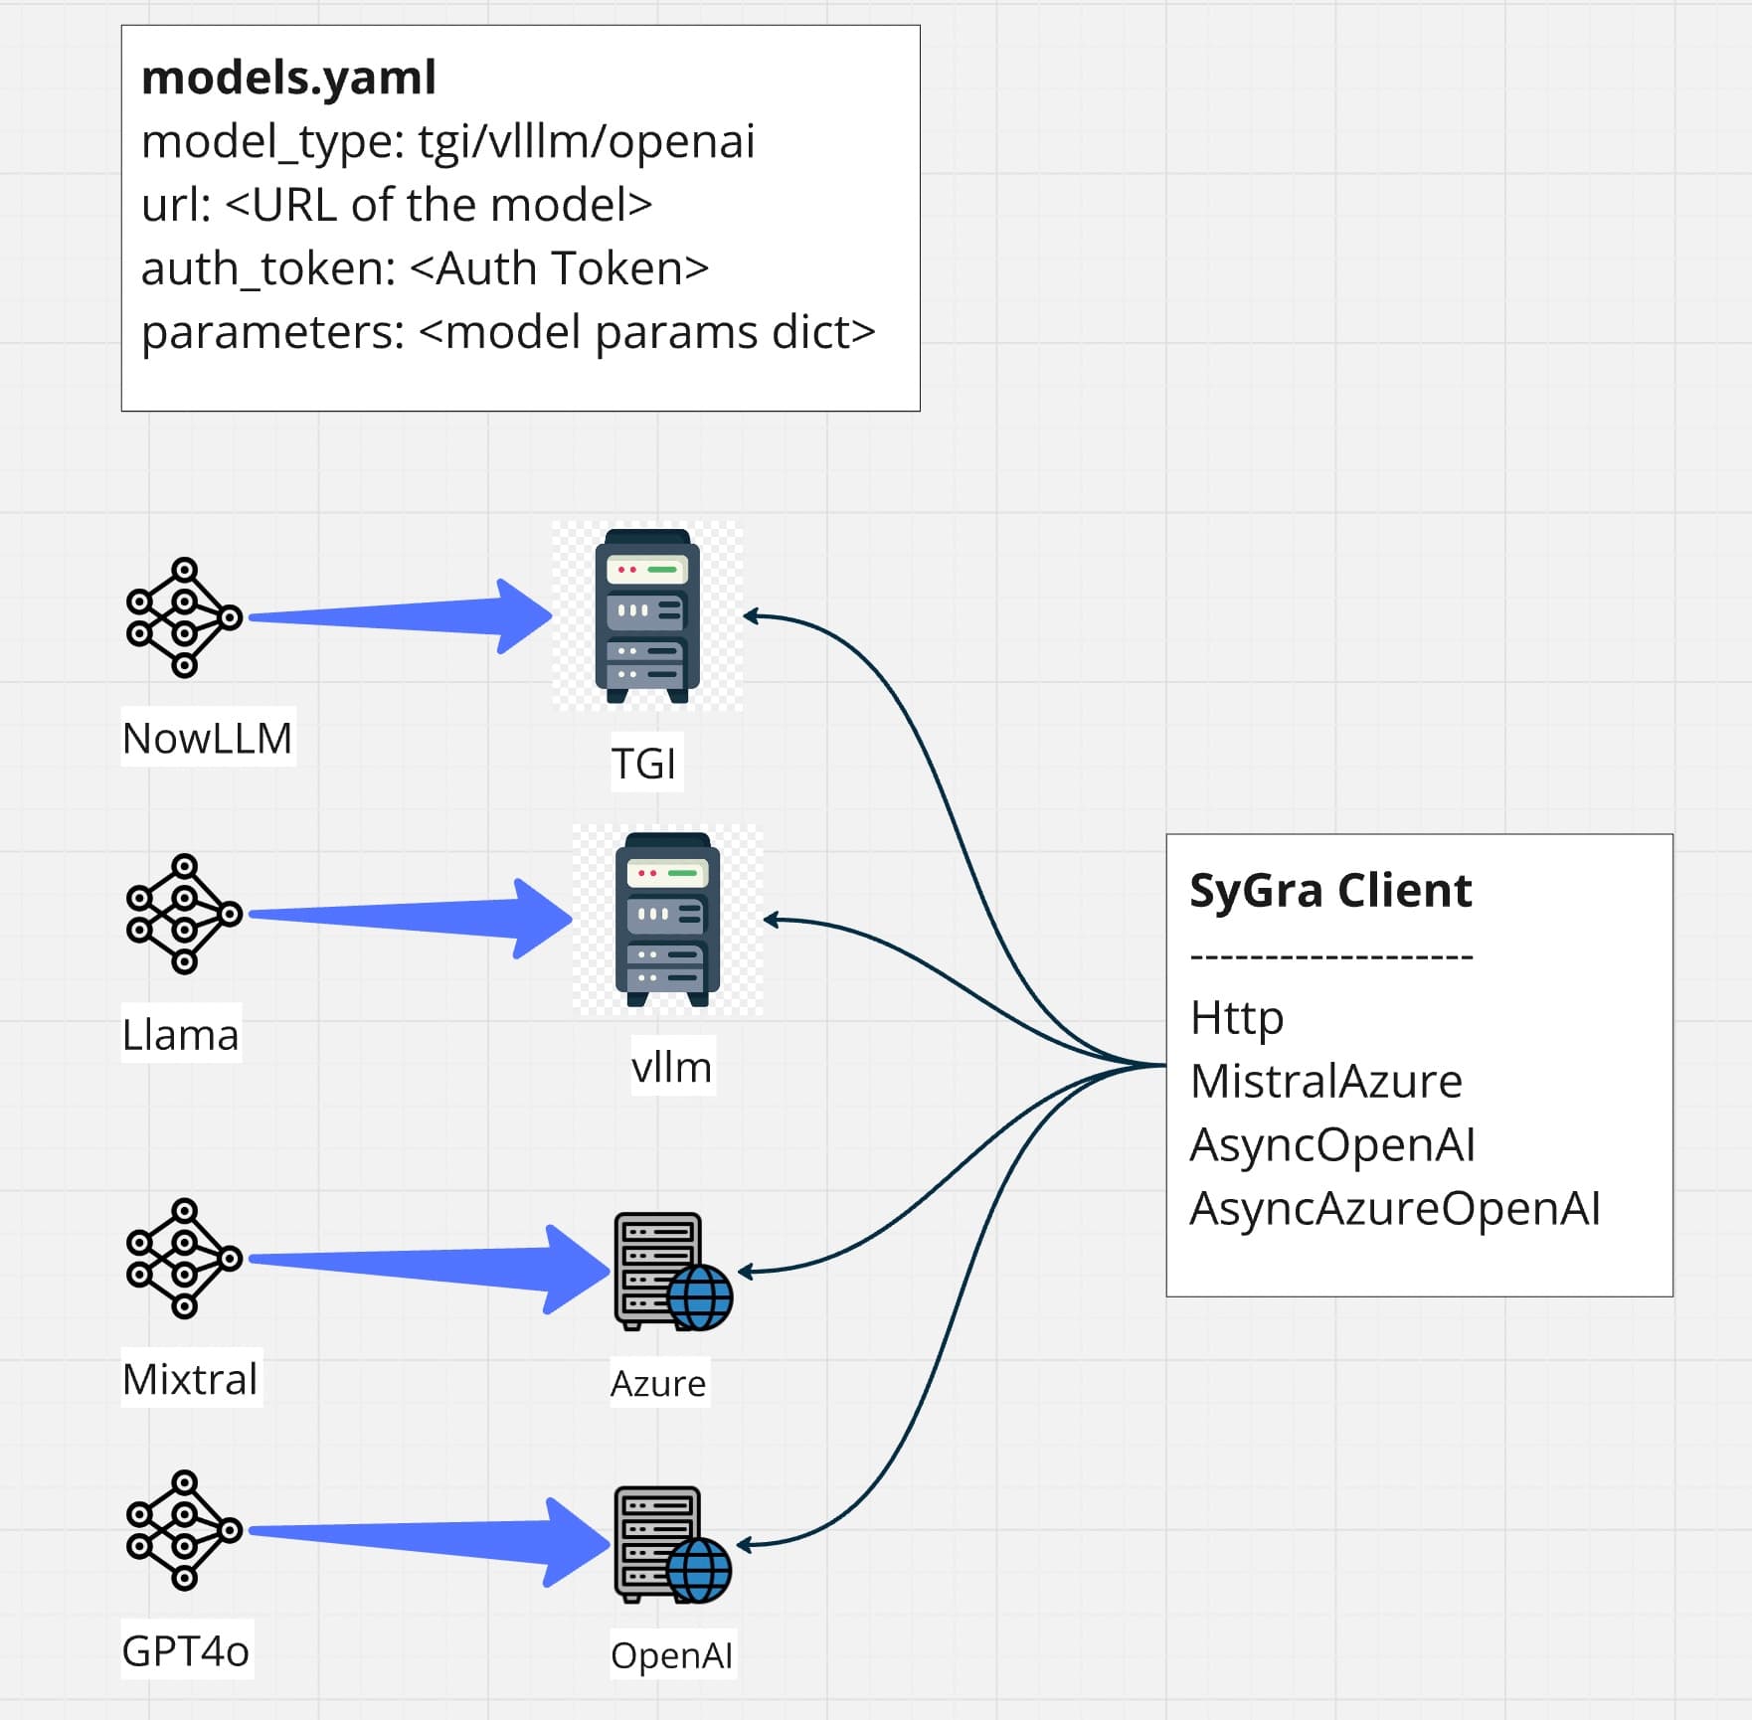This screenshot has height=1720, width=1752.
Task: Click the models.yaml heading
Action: pos(288,78)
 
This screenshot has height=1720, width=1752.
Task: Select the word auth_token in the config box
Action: pos(267,268)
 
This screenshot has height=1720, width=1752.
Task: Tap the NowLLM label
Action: pos(208,738)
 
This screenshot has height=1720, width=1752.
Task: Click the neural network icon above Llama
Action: pos(184,914)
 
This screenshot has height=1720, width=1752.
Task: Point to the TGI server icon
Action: pos(647,616)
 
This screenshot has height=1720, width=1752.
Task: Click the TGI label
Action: pos(644,764)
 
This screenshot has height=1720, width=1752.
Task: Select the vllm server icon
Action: pos(668,920)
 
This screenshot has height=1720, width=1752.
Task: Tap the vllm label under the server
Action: pos(672,1067)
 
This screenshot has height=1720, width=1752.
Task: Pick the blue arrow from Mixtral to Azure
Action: pos(429,1269)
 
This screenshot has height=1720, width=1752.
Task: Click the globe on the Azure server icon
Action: pos(700,1297)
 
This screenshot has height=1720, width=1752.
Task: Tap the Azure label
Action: pos(658,1383)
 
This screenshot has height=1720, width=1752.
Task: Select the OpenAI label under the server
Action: pos(672,1655)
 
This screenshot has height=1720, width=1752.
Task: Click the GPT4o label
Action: pos(186,1650)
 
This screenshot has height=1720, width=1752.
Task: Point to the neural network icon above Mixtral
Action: pos(184,1259)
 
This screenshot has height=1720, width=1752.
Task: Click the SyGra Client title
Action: pos(1330,890)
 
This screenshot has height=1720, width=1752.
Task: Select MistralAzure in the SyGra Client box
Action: pos(1326,1081)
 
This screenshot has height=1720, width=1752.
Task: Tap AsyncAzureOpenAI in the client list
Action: pos(1395,1208)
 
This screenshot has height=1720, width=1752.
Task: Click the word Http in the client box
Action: pos(1237,1018)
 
